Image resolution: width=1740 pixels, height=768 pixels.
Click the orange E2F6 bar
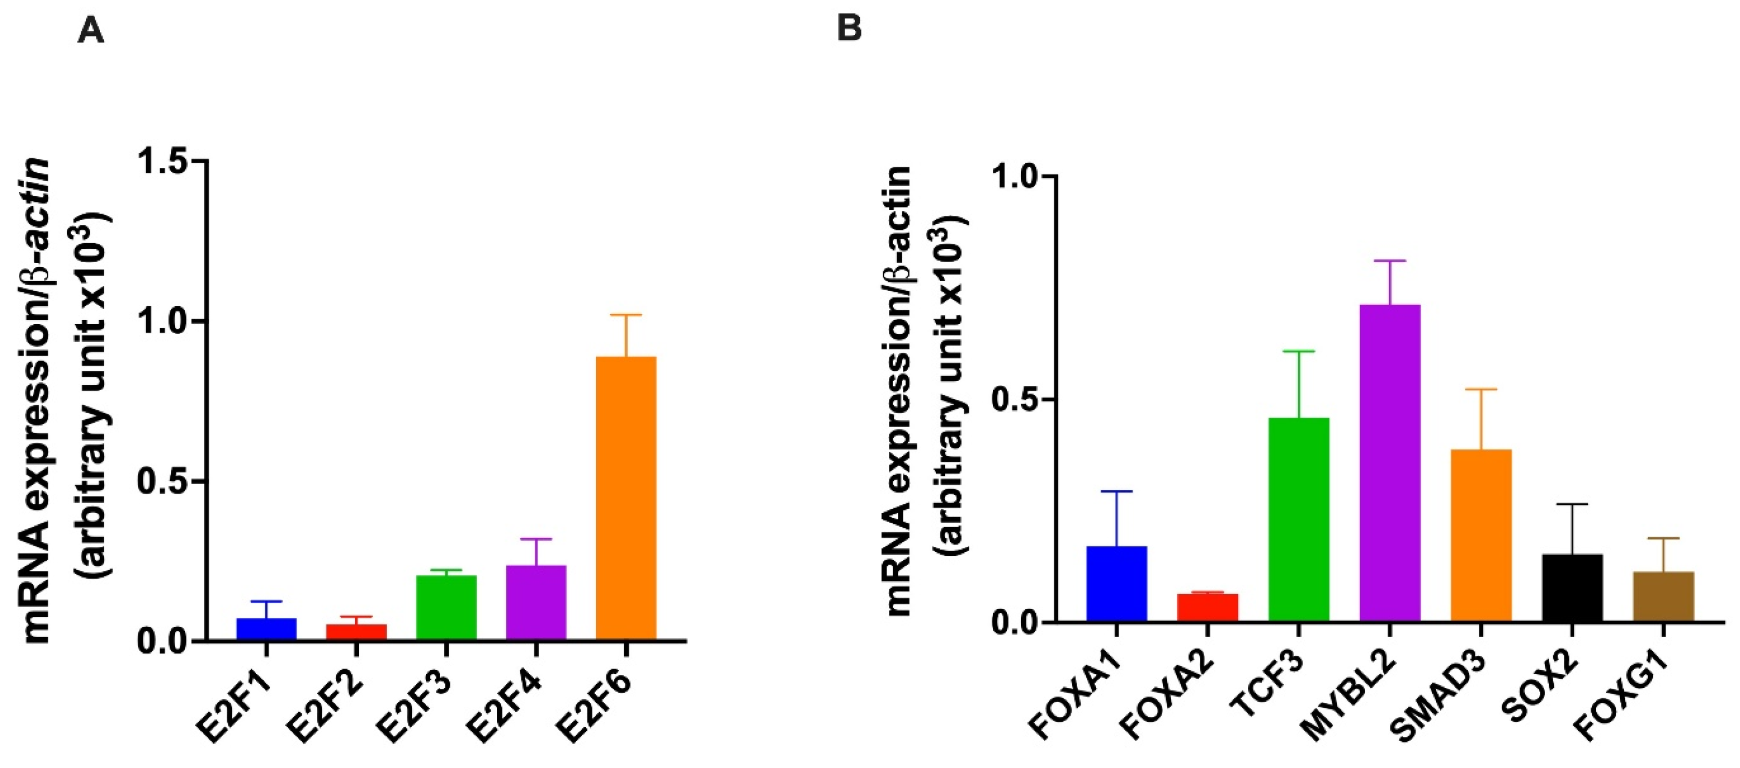626,498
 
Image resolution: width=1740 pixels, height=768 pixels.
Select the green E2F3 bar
446,607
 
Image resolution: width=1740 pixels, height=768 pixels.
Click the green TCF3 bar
1299,519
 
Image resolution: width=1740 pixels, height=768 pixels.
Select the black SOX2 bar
1573,587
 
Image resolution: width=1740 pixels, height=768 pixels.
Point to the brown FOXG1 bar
1663,596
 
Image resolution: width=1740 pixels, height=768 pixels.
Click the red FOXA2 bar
1208,607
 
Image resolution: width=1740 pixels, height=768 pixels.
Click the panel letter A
90,30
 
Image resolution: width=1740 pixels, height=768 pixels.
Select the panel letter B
849,29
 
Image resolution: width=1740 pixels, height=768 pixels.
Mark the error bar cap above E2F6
626,315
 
